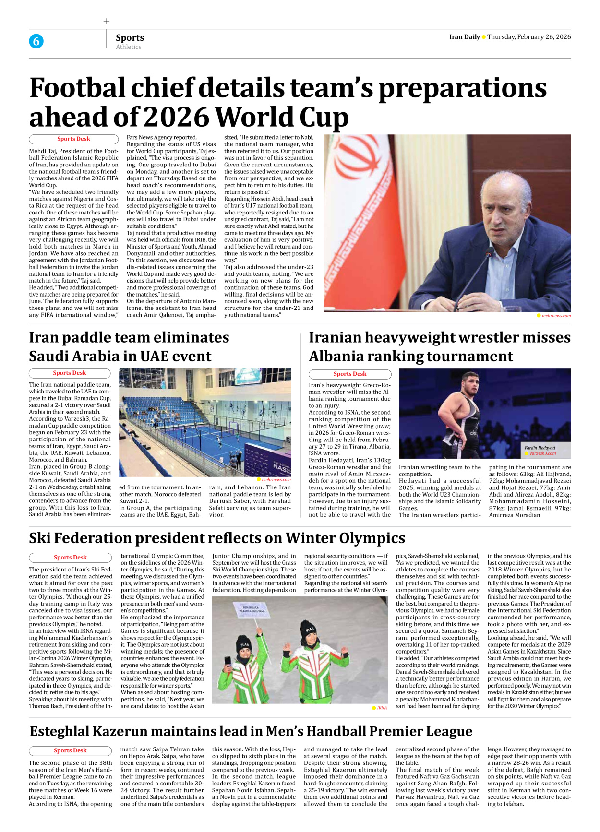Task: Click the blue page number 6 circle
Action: [x=36, y=41]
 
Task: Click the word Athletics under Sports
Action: [x=128, y=47]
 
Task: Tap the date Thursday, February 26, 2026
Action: [x=529, y=37]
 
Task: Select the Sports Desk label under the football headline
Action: [x=73, y=139]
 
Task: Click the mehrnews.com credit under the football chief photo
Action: [x=556, y=316]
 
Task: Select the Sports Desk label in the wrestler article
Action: [x=350, y=374]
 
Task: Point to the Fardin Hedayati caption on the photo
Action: [x=540, y=448]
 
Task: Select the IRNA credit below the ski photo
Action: [x=382, y=708]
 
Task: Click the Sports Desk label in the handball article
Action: [x=70, y=751]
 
